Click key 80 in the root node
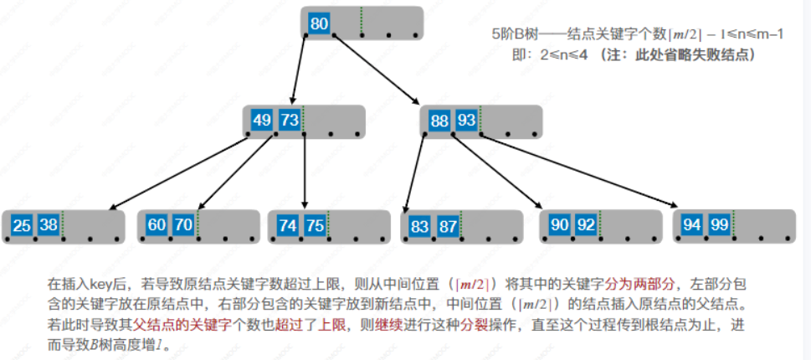[318, 23]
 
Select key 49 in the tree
[262, 121]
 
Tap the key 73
[289, 121]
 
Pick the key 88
[439, 121]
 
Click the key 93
[466, 121]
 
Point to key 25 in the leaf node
[23, 225]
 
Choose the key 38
[49, 225]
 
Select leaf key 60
[157, 225]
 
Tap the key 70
[183, 225]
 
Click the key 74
[288, 225]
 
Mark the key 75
[315, 225]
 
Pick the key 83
[420, 225]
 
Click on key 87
[447, 225]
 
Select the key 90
[559, 225]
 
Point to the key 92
[586, 225]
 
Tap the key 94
[692, 225]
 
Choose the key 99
[719, 225]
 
